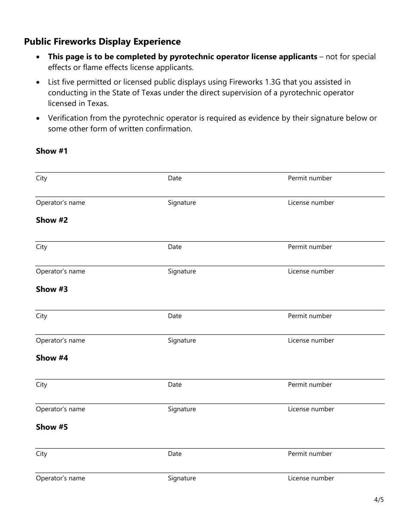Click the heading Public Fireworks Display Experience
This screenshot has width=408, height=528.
[102, 42]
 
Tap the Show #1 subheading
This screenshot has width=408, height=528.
[52, 151]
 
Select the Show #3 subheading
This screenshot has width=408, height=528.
[52, 289]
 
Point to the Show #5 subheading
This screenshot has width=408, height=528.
[52, 427]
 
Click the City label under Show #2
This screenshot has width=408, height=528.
[41, 247]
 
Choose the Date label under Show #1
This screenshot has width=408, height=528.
[174, 178]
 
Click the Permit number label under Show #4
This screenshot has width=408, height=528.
[310, 385]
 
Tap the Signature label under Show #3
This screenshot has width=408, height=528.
[182, 340]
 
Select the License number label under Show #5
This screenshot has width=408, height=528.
[311, 478]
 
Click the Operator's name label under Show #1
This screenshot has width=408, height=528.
[60, 203]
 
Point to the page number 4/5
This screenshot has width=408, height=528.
[379, 500]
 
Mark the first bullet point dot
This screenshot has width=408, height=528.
[39, 57]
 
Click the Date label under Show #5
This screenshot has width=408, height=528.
[174, 454]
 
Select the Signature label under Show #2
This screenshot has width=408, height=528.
[182, 271]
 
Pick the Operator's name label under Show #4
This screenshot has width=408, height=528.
[60, 409]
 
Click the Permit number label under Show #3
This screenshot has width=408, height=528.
[310, 316]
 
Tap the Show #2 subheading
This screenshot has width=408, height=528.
[52, 220]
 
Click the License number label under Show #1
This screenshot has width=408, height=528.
[311, 203]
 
